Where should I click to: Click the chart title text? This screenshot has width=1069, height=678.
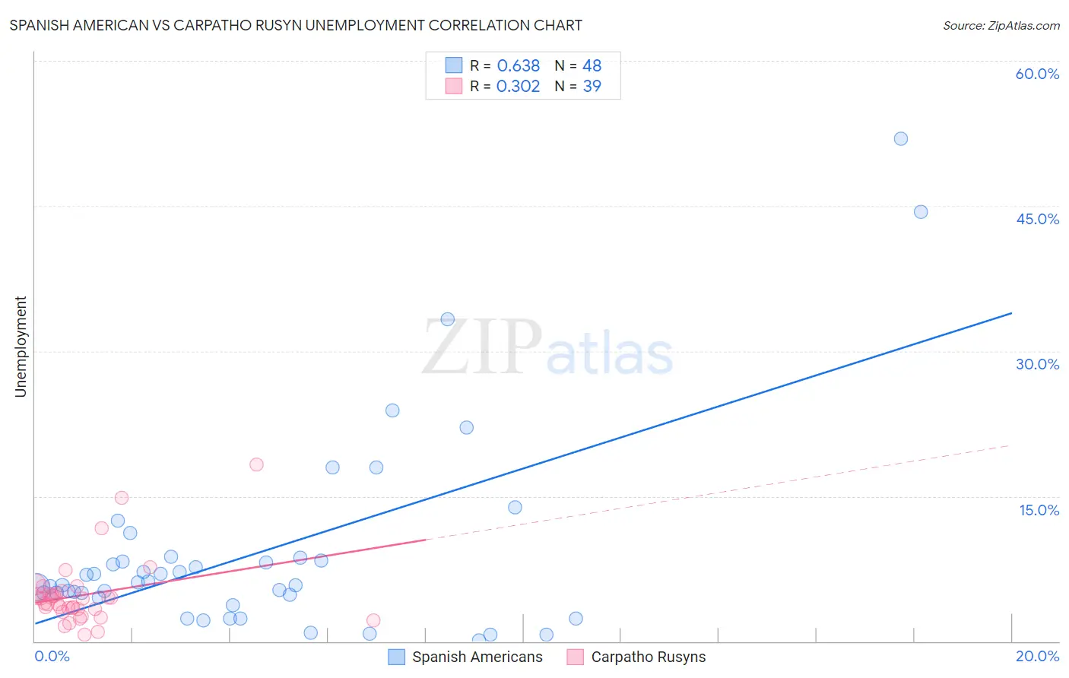pos(296,25)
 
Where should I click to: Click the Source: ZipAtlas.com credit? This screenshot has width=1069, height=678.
pos(1001,25)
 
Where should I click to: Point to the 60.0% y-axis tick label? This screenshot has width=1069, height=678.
pos(1037,74)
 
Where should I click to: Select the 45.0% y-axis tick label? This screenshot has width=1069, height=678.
pos(1037,219)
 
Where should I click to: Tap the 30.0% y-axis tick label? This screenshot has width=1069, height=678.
pos(1037,364)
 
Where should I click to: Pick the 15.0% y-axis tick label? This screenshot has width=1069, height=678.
pos(1039,510)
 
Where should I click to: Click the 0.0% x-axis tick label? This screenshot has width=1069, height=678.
pos(52,656)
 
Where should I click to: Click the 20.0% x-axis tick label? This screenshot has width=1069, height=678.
pos(1037,656)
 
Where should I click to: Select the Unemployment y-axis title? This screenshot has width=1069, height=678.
pos(21,347)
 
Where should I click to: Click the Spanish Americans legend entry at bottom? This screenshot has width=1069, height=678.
pos(466,657)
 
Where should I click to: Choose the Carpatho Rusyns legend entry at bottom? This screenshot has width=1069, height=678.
pos(637,657)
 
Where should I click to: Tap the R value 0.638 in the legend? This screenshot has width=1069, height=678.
pos(518,66)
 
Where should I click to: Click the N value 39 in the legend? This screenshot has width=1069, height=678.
pos(592,87)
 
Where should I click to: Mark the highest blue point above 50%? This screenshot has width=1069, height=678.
pos(901,138)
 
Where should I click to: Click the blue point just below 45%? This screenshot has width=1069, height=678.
pos(921,212)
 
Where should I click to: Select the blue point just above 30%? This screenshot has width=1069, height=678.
pos(448,319)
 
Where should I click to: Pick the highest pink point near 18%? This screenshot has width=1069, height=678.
pos(256,464)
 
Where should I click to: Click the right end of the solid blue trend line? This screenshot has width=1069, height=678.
pos(1011,313)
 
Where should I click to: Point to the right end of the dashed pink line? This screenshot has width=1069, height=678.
pos(1010,445)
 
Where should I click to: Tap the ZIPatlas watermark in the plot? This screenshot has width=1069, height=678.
pos(547,347)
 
